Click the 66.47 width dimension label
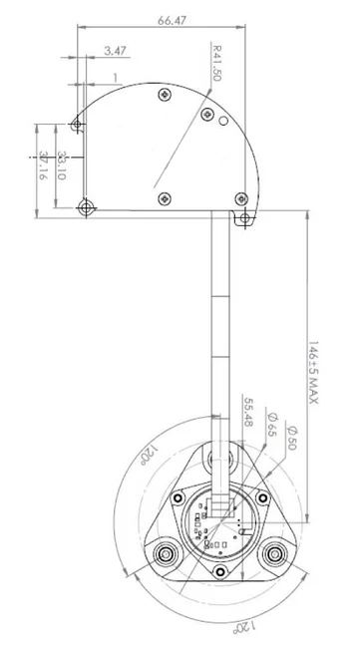172,20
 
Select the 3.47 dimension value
115,51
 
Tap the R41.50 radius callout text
216,63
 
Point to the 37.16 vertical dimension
43,165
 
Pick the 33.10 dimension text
62,165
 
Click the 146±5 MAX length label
313,372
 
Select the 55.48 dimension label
248,412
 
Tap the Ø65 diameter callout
272,424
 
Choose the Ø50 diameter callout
292,438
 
